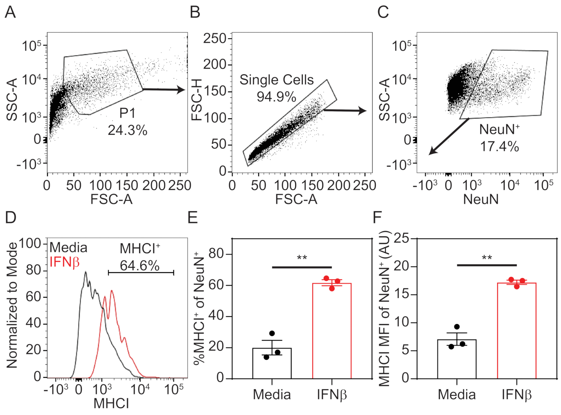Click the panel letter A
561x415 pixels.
click(x=10, y=12)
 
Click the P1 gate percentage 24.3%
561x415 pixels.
click(x=128, y=130)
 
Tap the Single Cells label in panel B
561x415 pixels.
click(x=276, y=80)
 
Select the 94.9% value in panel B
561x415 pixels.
click(x=276, y=97)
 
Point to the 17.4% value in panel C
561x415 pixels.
click(x=499, y=146)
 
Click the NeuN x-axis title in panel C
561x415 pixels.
click(x=481, y=199)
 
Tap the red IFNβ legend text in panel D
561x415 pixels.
click(x=65, y=262)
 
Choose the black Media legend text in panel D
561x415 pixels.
click(x=68, y=248)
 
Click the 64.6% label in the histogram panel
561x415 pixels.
click(x=140, y=266)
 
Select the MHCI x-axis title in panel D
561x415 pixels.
click(x=111, y=403)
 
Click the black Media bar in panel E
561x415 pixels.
click(x=272, y=363)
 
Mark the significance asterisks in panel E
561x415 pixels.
click(x=302, y=258)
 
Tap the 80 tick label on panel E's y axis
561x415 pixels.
click(x=216, y=254)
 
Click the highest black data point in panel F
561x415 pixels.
click(x=457, y=327)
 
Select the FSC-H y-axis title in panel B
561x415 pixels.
click(x=197, y=102)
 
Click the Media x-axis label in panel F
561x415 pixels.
click(x=457, y=394)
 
